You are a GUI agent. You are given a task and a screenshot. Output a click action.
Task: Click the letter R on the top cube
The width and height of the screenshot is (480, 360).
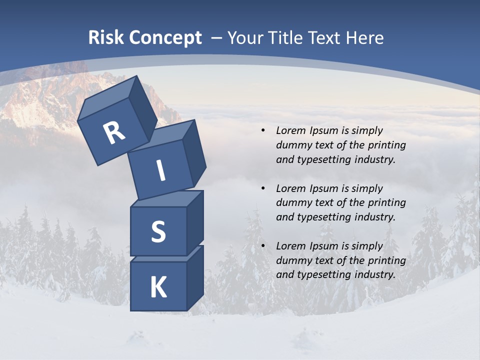click(x=114, y=133)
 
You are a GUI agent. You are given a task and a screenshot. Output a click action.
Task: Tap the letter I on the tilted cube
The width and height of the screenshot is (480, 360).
click(x=160, y=170)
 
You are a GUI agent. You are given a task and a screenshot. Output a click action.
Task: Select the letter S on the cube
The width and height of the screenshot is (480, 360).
click(x=158, y=232)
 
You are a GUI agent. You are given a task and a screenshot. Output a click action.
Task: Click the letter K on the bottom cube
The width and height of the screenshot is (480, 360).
click(x=158, y=288)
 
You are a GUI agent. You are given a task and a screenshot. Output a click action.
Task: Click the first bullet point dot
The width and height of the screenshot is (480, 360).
click(x=263, y=131)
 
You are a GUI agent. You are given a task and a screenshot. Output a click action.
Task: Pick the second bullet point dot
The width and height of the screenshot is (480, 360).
click(x=263, y=188)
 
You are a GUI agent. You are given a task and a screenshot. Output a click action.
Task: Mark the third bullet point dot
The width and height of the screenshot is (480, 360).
click(x=263, y=246)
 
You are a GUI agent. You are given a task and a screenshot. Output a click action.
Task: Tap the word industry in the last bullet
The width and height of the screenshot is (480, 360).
click(x=374, y=274)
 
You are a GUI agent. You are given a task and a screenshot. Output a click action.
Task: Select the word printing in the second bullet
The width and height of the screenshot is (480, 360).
click(x=386, y=202)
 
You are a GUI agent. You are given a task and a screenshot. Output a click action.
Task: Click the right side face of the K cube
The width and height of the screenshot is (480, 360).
click(x=195, y=277)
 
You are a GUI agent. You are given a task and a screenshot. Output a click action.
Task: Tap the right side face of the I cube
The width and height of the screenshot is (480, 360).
click(x=194, y=152)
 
